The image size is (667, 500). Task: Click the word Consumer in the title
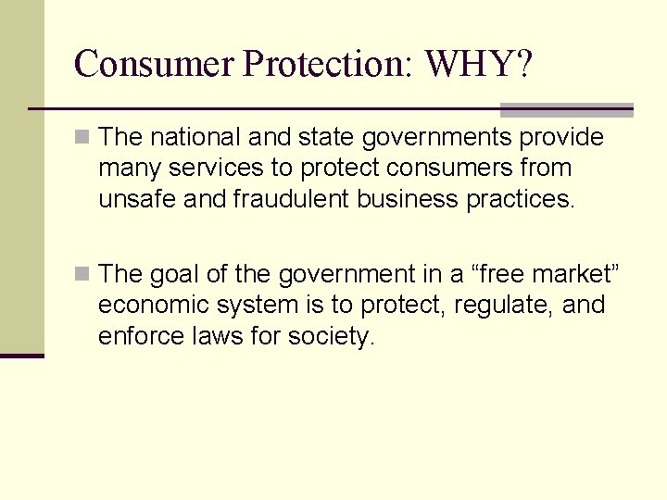pos(154,64)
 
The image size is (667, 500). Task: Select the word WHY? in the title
pos(479,64)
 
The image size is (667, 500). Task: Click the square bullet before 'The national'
pos(82,138)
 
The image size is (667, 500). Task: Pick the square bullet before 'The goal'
pos(82,274)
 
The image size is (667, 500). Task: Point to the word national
pos(195,138)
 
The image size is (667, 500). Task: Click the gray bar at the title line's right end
pos(567,109)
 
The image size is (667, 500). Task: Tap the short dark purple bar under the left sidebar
pos(21,356)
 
